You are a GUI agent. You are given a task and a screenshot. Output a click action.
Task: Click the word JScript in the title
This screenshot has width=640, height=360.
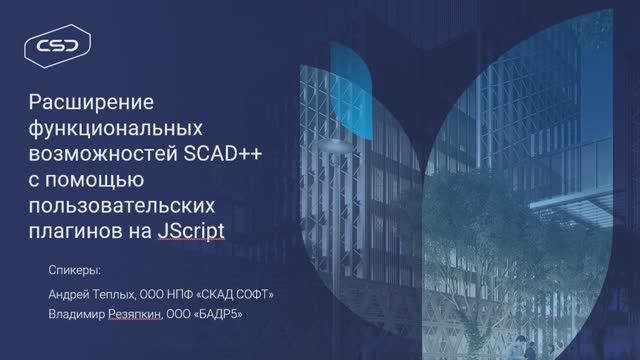pyautogui.click(x=191, y=232)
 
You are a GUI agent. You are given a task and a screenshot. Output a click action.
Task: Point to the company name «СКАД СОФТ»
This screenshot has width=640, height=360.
pyautogui.click(x=233, y=294)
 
